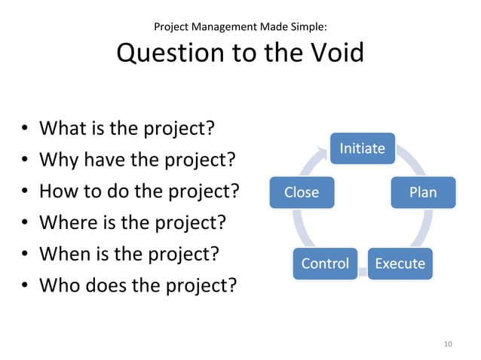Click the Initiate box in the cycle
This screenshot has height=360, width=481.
pyautogui.click(x=362, y=148)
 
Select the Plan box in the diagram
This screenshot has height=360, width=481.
pyautogui.click(x=423, y=192)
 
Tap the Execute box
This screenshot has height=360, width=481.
pyautogui.click(x=400, y=264)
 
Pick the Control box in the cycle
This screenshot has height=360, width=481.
pyautogui.click(x=325, y=264)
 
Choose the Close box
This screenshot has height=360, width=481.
pyautogui.click(x=302, y=192)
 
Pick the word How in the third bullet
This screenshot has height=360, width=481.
pyautogui.click(x=59, y=191)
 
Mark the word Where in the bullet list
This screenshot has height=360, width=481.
pyautogui.click(x=66, y=223)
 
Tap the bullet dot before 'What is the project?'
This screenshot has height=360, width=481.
pyautogui.click(x=25, y=130)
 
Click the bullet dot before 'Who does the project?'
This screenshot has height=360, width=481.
pyautogui.click(x=25, y=287)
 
